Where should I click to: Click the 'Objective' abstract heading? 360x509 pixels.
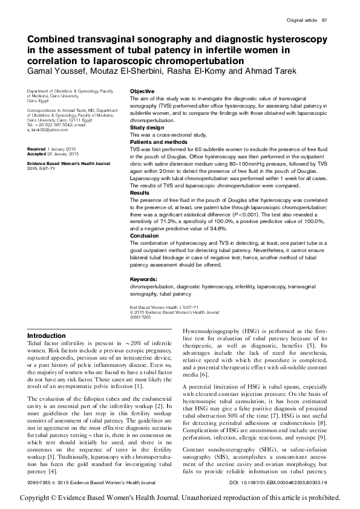click(x=142, y=90)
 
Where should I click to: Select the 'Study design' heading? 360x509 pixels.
click(x=147, y=128)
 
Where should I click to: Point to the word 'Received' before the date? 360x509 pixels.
click(x=38, y=148)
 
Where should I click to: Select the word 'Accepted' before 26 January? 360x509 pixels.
click(x=38, y=153)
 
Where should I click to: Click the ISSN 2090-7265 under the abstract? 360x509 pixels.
click(x=139, y=316)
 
